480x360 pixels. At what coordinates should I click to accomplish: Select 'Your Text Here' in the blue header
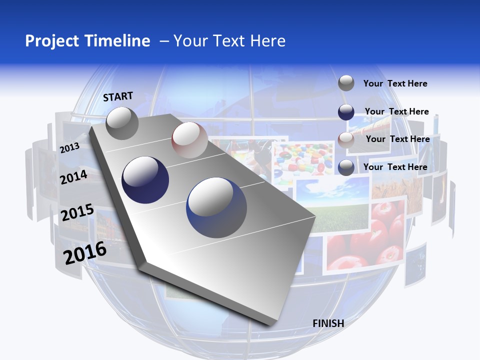tap(229, 41)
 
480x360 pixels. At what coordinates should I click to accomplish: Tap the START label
tap(118, 96)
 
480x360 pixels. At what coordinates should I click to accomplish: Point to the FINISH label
tap(328, 323)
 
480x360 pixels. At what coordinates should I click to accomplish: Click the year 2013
tap(69, 148)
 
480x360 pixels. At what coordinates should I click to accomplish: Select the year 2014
tap(73, 177)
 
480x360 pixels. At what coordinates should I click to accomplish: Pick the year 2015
tap(77, 212)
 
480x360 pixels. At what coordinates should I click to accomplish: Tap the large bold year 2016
tap(85, 253)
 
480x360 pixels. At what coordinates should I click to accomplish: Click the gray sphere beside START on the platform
tap(122, 123)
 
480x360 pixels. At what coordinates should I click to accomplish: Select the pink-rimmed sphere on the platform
tap(189, 140)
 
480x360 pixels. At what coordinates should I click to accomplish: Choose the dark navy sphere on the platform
tap(145, 180)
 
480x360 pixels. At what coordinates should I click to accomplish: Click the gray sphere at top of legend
tap(346, 83)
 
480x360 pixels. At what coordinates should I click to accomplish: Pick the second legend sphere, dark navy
tap(346, 112)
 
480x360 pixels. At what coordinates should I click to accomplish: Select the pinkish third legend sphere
tap(346, 139)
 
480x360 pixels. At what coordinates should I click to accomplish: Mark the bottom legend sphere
tap(346, 167)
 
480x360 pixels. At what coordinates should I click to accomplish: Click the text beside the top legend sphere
tap(395, 83)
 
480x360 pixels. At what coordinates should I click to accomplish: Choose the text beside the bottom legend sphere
tap(395, 167)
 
